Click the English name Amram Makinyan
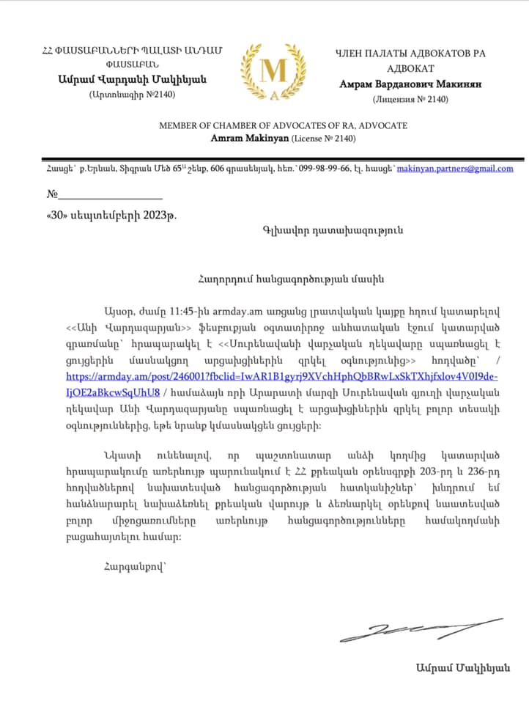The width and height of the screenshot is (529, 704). tap(250, 138)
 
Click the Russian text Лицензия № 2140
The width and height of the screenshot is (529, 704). tap(410, 99)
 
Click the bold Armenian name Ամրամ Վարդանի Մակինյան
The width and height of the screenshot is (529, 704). tap(133, 79)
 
